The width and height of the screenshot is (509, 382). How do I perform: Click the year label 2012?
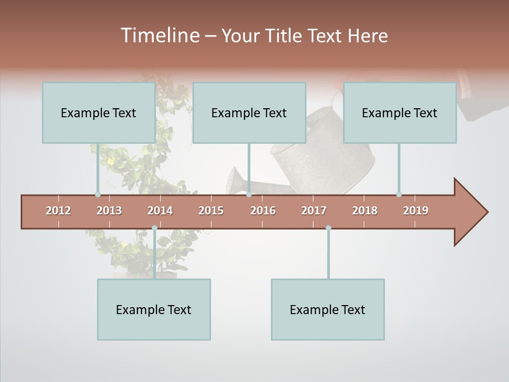(x=58, y=211)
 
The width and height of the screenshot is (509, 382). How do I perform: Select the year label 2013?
(x=109, y=211)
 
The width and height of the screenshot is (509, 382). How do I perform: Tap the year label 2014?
(x=160, y=211)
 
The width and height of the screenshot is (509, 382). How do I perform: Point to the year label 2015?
(x=211, y=211)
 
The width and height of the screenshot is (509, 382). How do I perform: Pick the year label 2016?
(x=263, y=211)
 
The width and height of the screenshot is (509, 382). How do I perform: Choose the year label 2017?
(x=314, y=211)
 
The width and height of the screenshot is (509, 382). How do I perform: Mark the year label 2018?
(x=365, y=211)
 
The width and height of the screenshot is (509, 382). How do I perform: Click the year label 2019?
(x=416, y=211)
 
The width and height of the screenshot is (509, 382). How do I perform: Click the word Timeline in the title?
(x=160, y=36)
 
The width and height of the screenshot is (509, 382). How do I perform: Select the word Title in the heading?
(x=286, y=36)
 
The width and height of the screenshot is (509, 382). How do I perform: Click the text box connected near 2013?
(x=99, y=112)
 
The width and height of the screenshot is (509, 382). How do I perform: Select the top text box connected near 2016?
(x=249, y=112)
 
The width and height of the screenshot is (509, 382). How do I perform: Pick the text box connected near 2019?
(x=400, y=112)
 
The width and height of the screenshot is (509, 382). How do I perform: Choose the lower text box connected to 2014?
(x=154, y=309)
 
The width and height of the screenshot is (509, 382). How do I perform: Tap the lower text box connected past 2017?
(x=328, y=309)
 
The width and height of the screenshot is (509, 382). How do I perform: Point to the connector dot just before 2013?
(x=98, y=194)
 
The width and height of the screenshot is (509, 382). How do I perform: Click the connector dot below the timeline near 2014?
(x=154, y=228)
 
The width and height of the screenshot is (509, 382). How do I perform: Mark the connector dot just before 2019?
(x=399, y=194)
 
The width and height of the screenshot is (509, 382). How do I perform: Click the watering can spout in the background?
(x=234, y=181)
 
